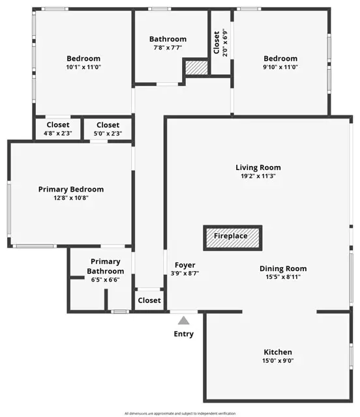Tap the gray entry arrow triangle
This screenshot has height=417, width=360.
pyautogui.click(x=184, y=320)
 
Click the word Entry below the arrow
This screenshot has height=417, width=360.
pyautogui.click(x=184, y=334)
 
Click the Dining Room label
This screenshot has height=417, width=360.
pyautogui.click(x=283, y=268)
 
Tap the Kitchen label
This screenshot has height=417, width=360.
pyautogui.click(x=278, y=352)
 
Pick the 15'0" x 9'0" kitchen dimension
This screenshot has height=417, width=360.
pyautogui.click(x=278, y=360)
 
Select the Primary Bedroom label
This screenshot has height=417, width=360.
pyautogui.click(x=70, y=190)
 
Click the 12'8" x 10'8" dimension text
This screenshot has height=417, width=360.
pyautogui.click(x=70, y=198)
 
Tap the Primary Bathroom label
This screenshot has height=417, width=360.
pyautogui.click(x=106, y=266)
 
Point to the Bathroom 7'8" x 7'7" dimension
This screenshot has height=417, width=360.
pyautogui.click(x=168, y=48)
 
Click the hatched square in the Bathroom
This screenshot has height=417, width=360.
pyautogui.click(x=194, y=68)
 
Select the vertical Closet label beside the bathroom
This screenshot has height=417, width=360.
pyautogui.click(x=217, y=43)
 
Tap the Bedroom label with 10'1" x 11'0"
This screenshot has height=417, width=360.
pyautogui.click(x=83, y=58)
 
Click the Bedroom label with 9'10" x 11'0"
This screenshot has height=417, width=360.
pyautogui.click(x=280, y=58)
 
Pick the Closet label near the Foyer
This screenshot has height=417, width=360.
pyautogui.click(x=149, y=300)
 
